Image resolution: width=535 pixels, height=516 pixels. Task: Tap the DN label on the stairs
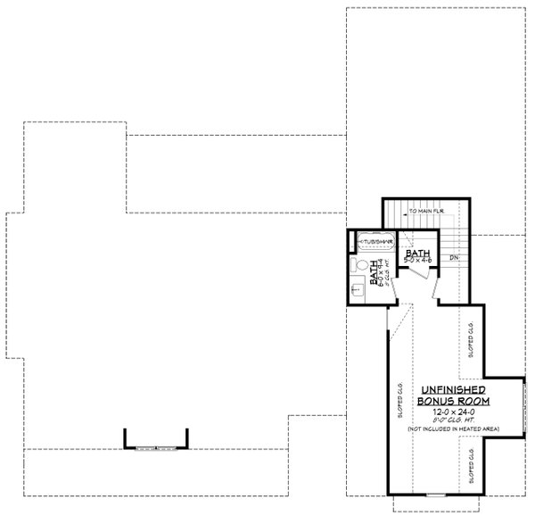pyautogui.click(x=453, y=259)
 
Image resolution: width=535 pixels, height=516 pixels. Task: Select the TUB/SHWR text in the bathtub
pyautogui.click(x=374, y=241)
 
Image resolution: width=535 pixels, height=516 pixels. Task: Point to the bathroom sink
pyautogui.click(x=356, y=287)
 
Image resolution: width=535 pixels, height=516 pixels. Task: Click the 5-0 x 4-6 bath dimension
pyautogui.click(x=416, y=262)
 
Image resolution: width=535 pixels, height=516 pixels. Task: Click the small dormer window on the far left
pyautogui.click(x=156, y=447)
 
